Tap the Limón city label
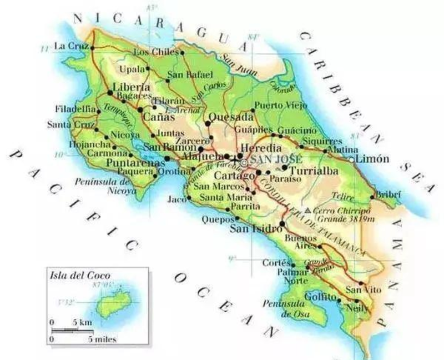tap(372, 159)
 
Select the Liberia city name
tap(131, 87)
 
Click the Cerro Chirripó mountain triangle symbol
tap(308, 211)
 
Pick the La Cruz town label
tap(71, 46)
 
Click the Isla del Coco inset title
tap(80, 275)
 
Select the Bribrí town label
tap(388, 194)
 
